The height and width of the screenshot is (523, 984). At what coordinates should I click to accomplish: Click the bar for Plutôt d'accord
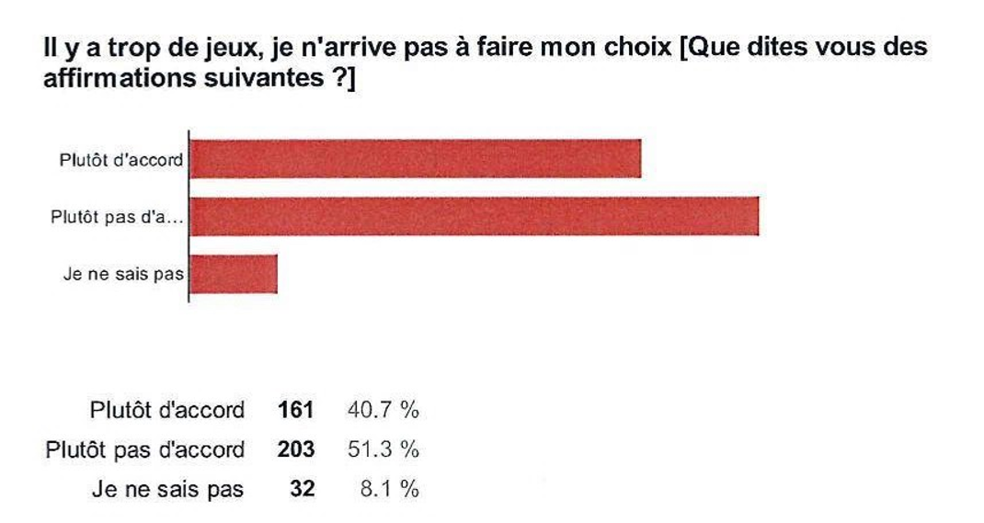pos(415,159)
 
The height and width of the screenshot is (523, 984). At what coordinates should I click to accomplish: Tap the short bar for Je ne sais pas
pos(234,274)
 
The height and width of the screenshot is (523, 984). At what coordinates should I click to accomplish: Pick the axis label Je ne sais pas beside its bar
pos(123,274)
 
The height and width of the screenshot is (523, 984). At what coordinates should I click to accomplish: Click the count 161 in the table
pos(296,409)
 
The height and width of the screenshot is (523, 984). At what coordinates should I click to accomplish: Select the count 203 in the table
pos(296,449)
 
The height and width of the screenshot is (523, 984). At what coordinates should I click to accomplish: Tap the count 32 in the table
pos(302,489)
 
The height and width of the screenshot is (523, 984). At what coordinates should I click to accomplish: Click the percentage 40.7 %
pos(382,409)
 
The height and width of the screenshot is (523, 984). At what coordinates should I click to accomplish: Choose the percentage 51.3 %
pos(382,449)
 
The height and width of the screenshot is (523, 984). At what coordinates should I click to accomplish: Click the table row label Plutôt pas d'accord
pos(145,449)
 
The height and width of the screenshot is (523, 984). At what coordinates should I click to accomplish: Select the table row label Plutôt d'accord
pos(166,409)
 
